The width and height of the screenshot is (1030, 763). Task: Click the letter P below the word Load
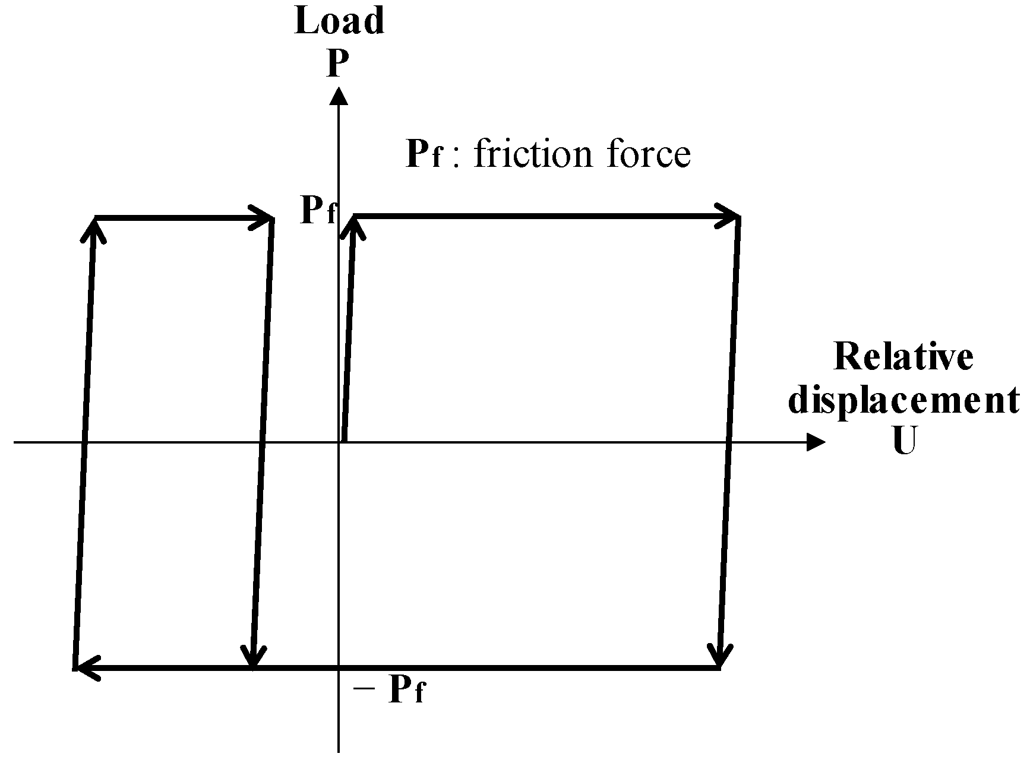click(337, 64)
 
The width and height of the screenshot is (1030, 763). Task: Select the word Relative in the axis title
click(903, 357)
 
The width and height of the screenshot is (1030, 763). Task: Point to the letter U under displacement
click(903, 442)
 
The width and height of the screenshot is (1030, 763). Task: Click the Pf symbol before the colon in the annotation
click(424, 154)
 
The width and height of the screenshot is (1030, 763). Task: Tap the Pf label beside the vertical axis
click(318, 210)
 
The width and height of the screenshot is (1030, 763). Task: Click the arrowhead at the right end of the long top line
click(728, 217)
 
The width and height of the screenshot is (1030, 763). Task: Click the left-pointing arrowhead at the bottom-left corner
click(87, 668)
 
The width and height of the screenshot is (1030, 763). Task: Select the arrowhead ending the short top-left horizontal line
click(262, 219)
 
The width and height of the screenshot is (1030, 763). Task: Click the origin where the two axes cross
click(339, 442)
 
